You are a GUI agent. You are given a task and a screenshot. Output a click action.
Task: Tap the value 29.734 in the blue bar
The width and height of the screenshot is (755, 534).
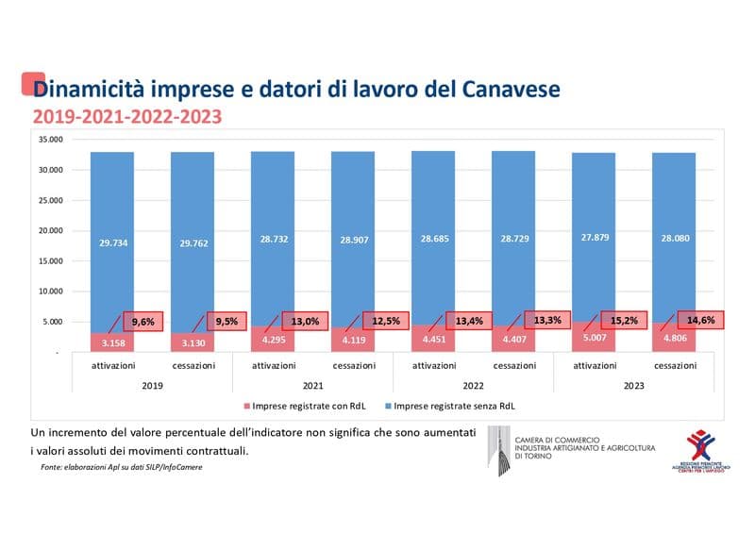pos(112,242)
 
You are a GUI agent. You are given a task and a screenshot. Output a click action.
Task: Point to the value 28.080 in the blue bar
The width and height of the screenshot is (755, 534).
pos(674,238)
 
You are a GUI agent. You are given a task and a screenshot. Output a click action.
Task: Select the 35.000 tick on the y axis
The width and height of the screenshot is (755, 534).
pos(49,140)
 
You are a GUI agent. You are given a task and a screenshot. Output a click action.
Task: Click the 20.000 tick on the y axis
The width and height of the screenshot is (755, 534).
pos(49,230)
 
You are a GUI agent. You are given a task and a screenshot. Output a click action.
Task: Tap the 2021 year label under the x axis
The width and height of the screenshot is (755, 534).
pos(312,386)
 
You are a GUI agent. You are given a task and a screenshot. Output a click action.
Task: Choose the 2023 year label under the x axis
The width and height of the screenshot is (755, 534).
pos(633,386)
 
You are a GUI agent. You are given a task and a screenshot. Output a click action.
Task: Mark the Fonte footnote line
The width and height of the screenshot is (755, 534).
pos(121,467)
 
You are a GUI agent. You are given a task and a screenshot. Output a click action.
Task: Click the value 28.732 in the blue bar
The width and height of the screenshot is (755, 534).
pos(273,241)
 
